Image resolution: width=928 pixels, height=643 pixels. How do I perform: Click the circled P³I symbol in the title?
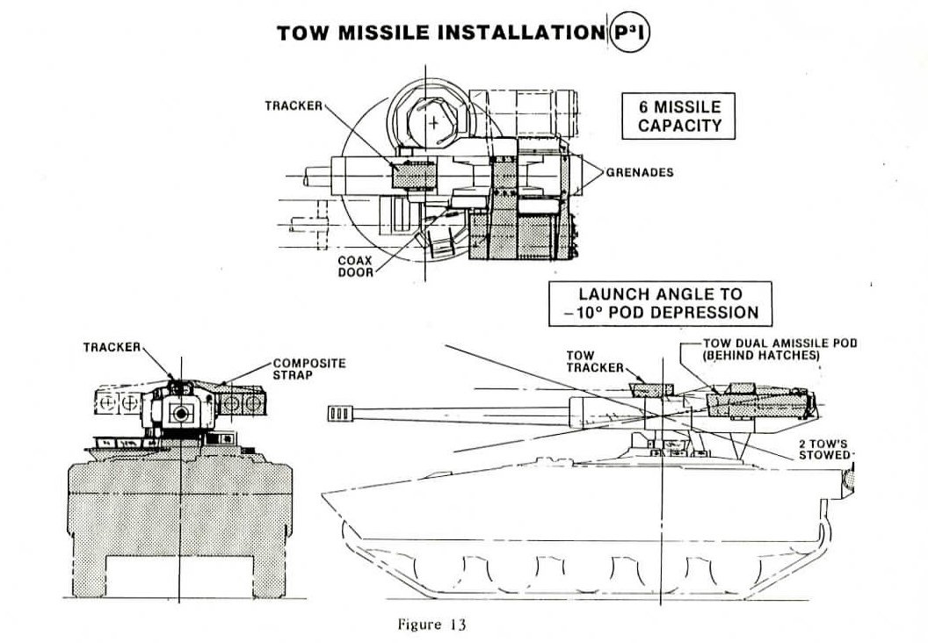[627, 34]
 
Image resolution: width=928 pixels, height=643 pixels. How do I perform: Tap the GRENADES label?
[639, 173]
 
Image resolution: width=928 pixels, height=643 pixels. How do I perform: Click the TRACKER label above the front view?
[112, 347]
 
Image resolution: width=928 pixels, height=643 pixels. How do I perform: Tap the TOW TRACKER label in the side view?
[582, 361]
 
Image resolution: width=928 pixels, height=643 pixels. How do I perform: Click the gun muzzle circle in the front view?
[182, 413]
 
